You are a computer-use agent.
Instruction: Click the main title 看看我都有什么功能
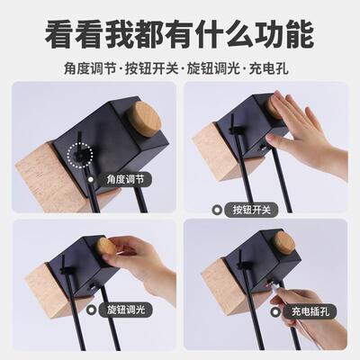pyautogui.click(x=180, y=33)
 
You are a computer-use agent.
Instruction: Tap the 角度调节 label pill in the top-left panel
pyautogui.click(x=130, y=180)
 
